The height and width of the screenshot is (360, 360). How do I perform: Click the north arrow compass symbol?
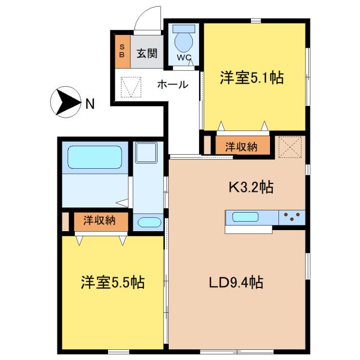[66, 102]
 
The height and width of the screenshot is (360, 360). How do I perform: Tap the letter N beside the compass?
[90, 103]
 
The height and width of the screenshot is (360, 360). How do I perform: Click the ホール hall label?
[173, 85]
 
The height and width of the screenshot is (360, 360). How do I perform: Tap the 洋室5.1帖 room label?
[251, 79]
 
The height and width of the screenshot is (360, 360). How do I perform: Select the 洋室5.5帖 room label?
[112, 282]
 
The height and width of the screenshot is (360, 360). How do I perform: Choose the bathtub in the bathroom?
[95, 157]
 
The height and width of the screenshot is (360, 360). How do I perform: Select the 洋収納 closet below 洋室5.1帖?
[241, 147]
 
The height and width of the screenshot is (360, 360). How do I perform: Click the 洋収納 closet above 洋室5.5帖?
[100, 220]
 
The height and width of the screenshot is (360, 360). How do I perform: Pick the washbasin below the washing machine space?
[148, 222]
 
